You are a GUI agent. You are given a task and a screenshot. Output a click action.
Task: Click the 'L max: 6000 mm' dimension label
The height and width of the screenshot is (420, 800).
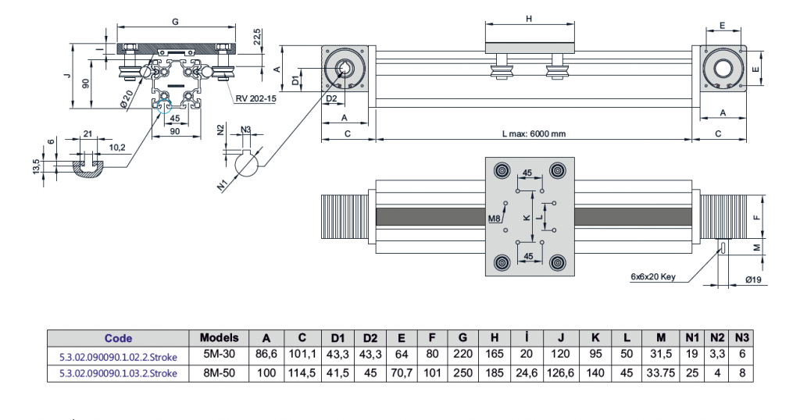[534, 133]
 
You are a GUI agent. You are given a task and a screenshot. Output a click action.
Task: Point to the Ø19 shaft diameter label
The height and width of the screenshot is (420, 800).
[754, 280]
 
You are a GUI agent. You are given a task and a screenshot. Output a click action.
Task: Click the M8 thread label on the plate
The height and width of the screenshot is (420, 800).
[494, 219]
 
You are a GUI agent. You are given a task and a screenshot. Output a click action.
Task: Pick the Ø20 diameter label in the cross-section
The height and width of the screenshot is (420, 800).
[127, 99]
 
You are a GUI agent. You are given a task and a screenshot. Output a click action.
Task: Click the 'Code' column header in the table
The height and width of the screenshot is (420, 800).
[119, 338]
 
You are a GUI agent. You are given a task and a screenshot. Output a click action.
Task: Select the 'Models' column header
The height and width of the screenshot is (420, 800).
[220, 338]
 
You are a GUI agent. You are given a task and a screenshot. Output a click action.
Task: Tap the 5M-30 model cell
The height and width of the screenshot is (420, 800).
[220, 355]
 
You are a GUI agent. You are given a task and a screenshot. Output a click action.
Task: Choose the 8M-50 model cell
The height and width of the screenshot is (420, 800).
[220, 372]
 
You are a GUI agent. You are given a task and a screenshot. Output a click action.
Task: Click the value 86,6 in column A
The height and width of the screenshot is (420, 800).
[266, 355]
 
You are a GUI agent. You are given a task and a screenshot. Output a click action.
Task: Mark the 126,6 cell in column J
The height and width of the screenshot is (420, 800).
[561, 372]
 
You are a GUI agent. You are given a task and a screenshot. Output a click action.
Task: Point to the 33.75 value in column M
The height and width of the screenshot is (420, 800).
[661, 372]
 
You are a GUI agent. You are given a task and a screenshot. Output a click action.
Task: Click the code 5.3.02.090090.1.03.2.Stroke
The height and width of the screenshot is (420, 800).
[119, 372]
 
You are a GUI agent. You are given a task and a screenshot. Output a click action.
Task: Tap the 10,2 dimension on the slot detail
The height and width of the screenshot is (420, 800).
[118, 146]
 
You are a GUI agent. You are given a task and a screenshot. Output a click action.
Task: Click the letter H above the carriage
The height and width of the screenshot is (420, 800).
[529, 19]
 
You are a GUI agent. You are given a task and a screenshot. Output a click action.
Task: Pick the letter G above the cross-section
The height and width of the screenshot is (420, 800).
[175, 22]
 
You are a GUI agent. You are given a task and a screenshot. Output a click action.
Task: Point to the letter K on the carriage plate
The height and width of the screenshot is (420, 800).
[526, 217]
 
